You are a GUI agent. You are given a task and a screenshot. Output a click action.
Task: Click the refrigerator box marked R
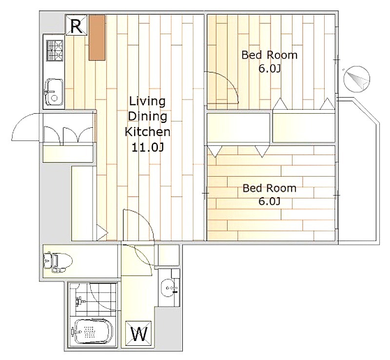point(76,25)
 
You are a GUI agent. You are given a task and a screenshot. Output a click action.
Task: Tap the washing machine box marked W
point(138,333)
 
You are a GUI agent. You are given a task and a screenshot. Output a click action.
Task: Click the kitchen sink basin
point(54,93)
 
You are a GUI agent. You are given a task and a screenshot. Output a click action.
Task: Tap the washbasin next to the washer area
point(169,288)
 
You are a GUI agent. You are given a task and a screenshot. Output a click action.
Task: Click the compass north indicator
point(357,79)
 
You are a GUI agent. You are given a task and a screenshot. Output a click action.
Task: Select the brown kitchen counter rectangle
point(97,38)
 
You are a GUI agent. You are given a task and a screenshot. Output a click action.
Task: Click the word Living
point(147,101)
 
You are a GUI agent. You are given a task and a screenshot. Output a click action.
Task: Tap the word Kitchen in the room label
point(148,132)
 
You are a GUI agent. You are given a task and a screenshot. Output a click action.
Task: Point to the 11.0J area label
point(148,147)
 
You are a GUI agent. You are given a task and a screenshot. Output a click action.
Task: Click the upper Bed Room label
point(270,55)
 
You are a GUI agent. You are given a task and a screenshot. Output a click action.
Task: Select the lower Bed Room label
point(270,188)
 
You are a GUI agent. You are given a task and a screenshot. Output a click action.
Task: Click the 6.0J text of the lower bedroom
point(270,201)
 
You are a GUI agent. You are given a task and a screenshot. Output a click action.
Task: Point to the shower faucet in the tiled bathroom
point(80,301)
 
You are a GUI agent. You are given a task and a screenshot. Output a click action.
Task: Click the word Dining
point(147,117)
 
